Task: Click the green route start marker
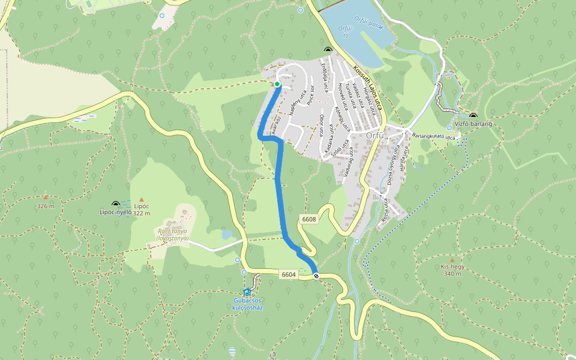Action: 277,84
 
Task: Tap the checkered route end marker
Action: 316,276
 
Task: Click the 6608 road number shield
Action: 309,220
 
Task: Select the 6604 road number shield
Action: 289,275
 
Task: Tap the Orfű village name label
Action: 376,136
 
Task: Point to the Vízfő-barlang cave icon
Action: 473,115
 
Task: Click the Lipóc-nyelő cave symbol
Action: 116,204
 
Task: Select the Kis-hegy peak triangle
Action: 452,260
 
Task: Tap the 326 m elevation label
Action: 46,206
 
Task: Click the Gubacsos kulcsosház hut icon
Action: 247,292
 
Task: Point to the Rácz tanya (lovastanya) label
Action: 172,235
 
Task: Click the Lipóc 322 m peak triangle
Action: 142,199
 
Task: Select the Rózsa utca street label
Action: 384,211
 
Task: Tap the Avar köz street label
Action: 274,123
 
